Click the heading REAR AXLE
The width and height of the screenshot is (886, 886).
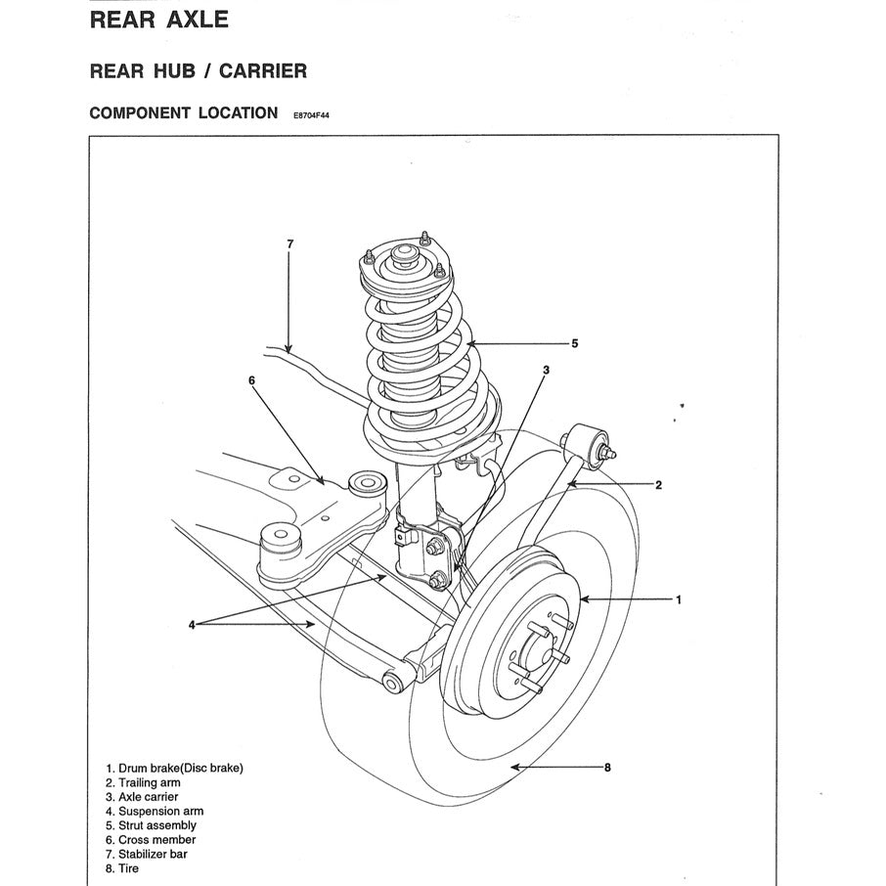[158, 20]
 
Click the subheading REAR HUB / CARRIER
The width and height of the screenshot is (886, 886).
[198, 70]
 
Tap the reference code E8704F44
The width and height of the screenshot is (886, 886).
[312, 114]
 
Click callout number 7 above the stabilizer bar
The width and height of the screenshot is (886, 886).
[289, 243]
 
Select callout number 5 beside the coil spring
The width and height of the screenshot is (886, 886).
[575, 343]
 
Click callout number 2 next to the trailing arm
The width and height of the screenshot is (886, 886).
[658, 484]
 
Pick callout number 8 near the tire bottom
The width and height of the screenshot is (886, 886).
[607, 768]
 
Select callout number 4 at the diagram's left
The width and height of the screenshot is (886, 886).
[193, 624]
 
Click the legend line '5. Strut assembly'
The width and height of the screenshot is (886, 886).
[151, 825]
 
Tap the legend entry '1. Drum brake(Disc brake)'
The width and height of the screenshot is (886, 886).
[174, 768]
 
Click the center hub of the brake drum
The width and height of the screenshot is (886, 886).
[529, 653]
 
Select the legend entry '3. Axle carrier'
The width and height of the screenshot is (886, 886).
[142, 797]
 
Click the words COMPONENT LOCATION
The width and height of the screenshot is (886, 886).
[183, 112]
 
